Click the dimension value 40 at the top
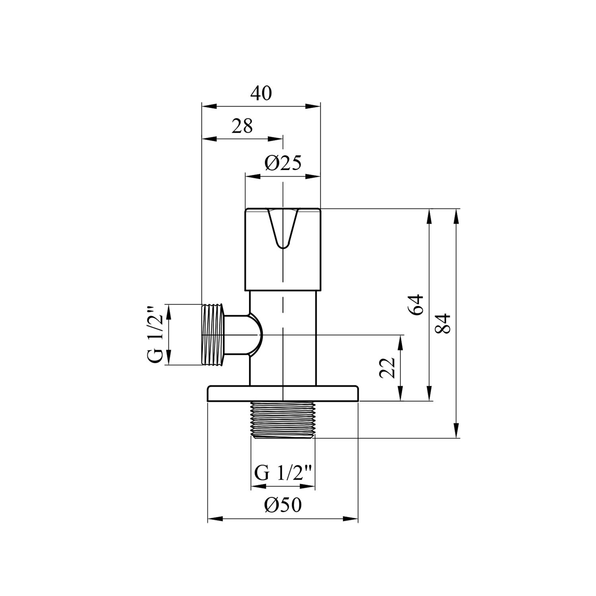coord(261,94)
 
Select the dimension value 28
coord(242,126)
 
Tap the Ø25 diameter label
coord(283,163)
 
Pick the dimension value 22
coord(387,368)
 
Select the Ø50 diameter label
coord(283,505)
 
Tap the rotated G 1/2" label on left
coord(155,335)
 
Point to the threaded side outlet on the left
coord(214,335)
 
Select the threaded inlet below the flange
coord(283,420)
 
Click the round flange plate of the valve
coord(283,393)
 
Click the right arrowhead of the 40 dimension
coord(314,106)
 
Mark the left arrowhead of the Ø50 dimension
coord(215,518)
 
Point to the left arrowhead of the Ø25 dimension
coord(251,175)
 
